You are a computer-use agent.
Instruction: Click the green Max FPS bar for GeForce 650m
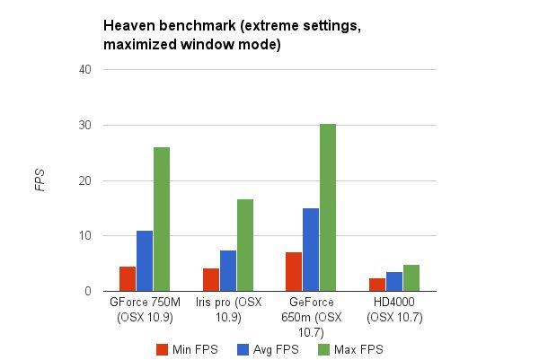coord(327,207)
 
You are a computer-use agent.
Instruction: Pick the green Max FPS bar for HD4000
coord(411,278)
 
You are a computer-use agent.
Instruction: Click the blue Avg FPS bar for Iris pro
coord(228,270)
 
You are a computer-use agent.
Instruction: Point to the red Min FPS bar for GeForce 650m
coord(294,271)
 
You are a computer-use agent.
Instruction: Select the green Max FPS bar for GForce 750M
coord(162,219)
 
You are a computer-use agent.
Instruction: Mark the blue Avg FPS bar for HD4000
coord(393,281)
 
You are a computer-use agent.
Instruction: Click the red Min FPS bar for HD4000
coord(377,285)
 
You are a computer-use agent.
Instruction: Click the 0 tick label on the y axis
coord(88,291)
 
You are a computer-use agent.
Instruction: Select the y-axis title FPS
coord(40,180)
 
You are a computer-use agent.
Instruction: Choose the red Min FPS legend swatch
coord(163,348)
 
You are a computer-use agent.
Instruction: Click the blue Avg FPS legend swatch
coord(242,348)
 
